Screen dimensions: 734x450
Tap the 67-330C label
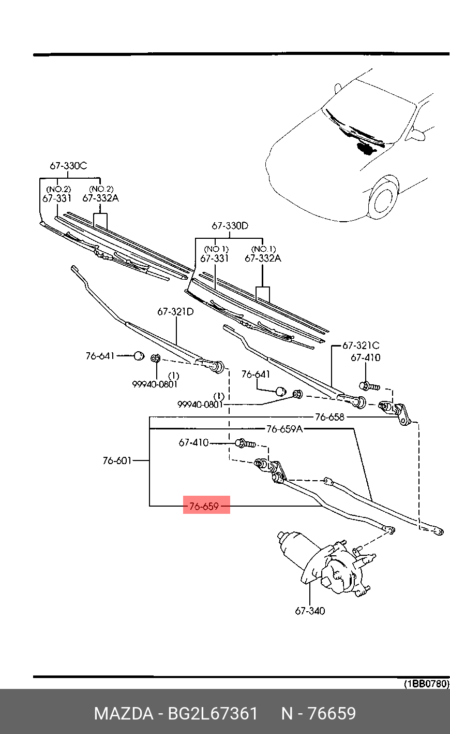68,166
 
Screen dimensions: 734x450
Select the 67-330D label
230,226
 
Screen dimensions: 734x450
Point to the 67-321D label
175,311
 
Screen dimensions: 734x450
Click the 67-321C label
361,346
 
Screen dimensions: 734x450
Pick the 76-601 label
117,460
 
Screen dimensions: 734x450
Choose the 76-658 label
329,416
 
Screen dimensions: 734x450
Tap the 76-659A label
284,429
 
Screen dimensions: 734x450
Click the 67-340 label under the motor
310,611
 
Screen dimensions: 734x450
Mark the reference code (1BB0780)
426,683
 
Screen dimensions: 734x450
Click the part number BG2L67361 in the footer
212,713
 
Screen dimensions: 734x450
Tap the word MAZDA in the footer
123,713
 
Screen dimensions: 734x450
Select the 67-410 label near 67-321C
365,357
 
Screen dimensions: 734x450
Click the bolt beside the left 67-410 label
245,443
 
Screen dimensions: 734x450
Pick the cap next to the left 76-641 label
139,356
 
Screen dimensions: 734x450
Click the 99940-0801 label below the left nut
155,384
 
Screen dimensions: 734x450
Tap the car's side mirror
417,135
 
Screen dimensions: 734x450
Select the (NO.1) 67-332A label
263,257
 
